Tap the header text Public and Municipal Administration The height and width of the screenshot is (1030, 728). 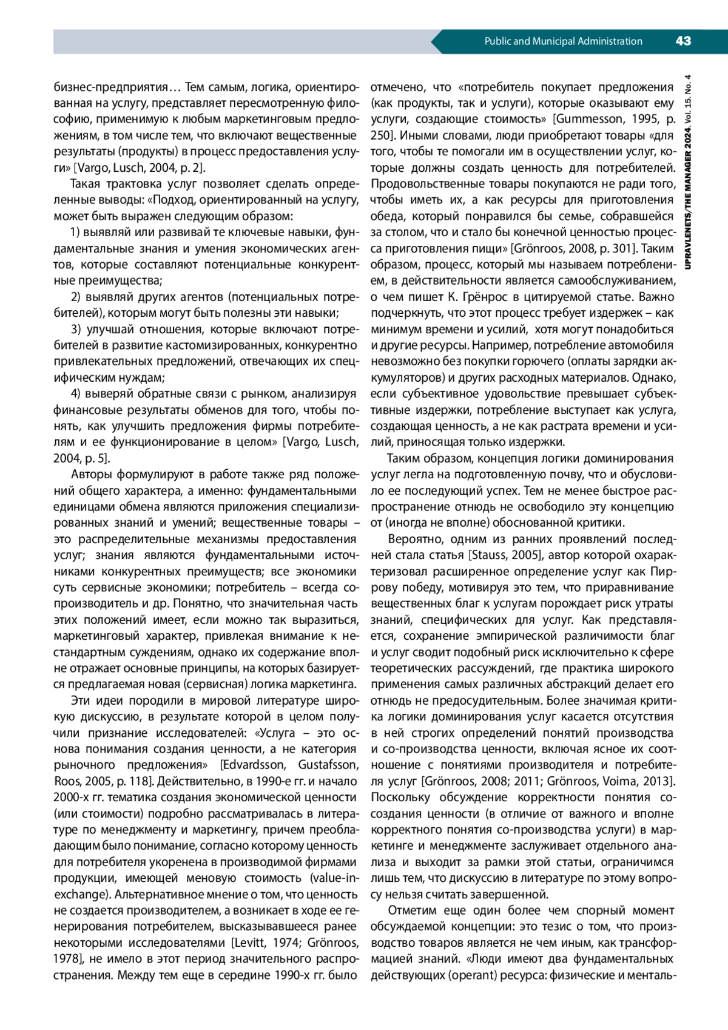563,41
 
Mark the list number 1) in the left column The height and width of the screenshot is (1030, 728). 76,232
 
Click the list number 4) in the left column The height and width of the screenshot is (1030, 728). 76,393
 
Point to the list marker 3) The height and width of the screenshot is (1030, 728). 76,330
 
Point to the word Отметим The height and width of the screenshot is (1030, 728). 410,910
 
